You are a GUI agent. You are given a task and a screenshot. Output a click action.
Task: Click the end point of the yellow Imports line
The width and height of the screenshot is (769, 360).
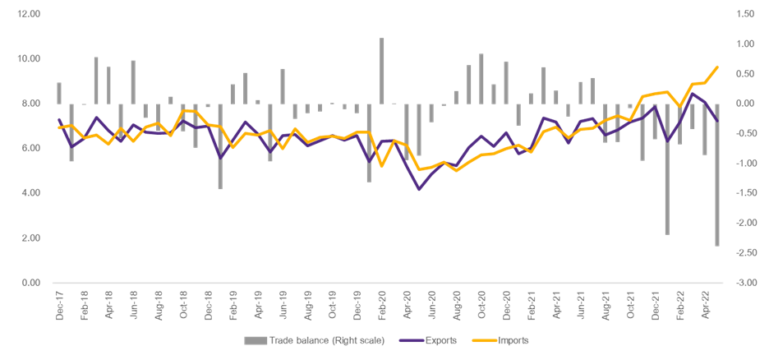point(717,67)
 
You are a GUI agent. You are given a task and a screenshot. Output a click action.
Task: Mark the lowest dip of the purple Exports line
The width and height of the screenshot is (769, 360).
point(419,190)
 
